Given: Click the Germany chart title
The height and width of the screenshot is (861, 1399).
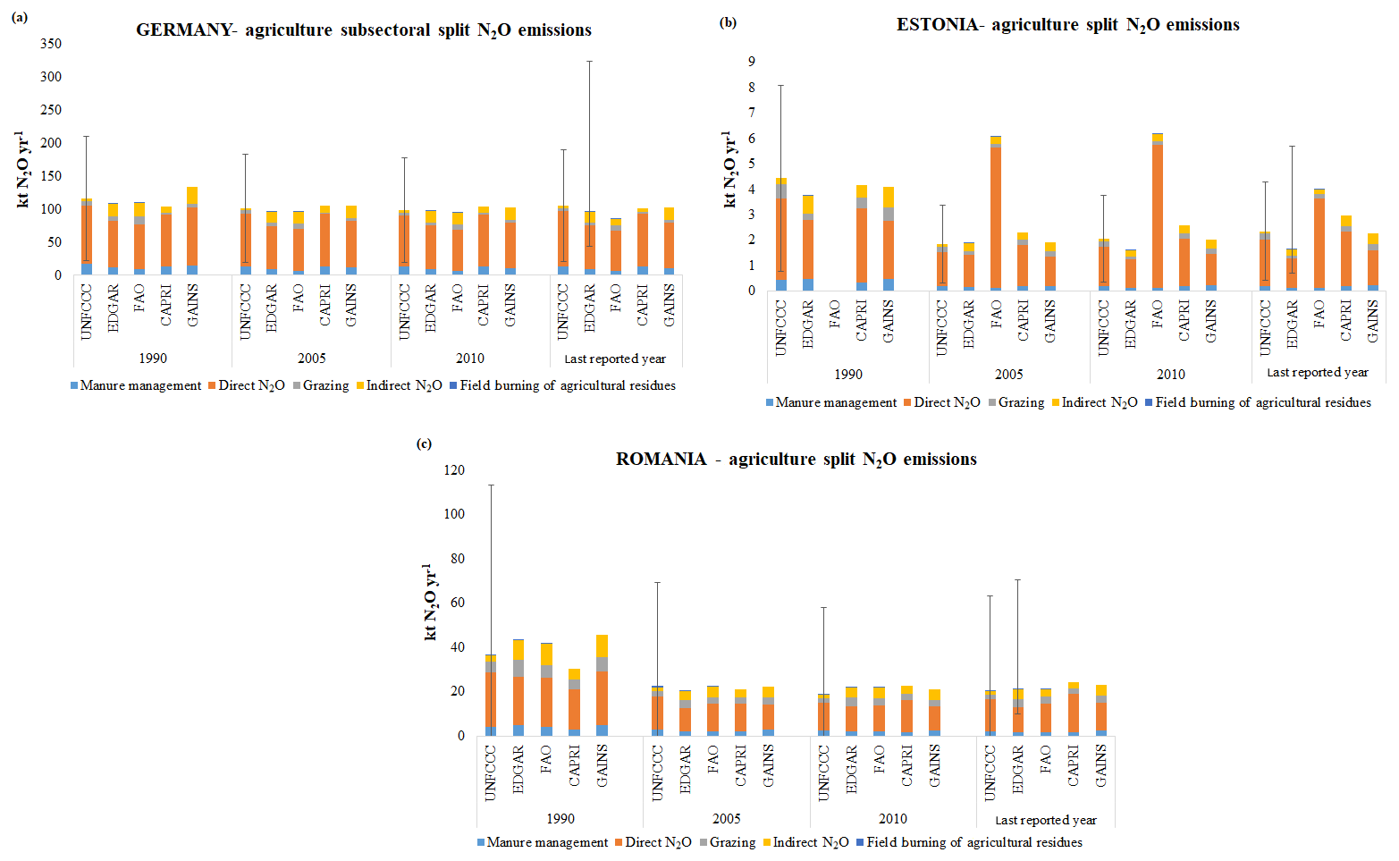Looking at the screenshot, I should point(363,30).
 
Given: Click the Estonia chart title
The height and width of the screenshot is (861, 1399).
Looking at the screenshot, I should point(1067,25).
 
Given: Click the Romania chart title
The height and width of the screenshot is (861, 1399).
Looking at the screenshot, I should point(796,460).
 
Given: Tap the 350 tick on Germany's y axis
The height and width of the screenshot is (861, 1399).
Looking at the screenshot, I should point(51,44).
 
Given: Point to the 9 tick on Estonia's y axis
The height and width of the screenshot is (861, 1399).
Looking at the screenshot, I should point(751,62).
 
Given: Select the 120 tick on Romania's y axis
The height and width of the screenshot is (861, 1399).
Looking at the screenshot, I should point(454,470).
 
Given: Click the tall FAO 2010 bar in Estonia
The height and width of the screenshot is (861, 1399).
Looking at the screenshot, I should point(1157,215).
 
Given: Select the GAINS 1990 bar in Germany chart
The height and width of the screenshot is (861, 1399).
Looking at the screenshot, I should point(192,232).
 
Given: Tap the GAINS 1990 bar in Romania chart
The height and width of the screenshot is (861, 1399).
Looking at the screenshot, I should point(602,688).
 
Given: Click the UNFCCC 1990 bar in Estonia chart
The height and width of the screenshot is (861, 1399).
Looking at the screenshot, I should point(780,237).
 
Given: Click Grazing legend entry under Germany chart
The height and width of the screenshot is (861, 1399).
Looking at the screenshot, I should point(320,385).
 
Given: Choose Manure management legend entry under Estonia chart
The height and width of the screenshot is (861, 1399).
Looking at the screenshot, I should point(830,402).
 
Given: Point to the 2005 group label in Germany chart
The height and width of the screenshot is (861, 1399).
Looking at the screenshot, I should point(311,359).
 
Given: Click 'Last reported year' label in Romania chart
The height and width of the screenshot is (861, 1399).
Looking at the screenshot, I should point(1045,820).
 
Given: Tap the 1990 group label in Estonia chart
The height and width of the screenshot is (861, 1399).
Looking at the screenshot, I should point(847,375).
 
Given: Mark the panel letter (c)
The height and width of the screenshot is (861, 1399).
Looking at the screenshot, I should point(425,443).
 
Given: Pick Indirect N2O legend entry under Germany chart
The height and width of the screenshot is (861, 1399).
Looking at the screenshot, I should point(399,385).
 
